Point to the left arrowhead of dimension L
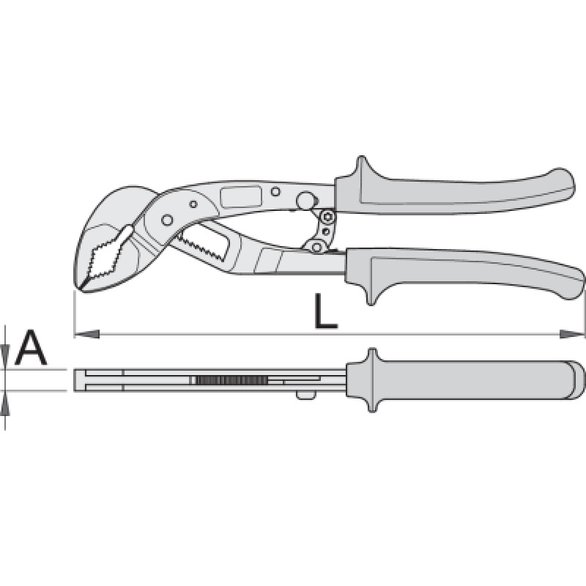[86, 334]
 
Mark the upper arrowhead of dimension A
[5, 357]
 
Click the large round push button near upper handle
[305, 200]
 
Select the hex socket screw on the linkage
[327, 217]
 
